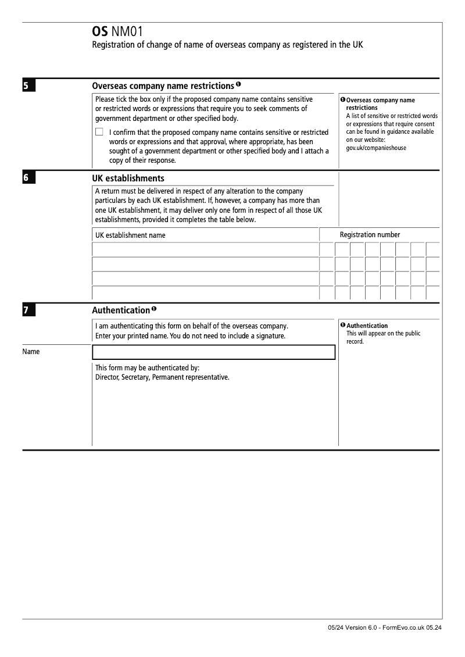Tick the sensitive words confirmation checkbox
(99, 132)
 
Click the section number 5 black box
(28, 87)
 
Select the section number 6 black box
(28, 178)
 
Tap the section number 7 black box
(28, 310)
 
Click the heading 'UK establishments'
(128, 178)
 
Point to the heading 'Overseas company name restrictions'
(163, 86)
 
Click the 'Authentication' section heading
(121, 310)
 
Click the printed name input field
(213, 352)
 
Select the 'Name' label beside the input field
(31, 352)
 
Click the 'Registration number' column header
(370, 235)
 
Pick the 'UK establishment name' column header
(130, 235)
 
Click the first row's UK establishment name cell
(205, 249)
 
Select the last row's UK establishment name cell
(205, 293)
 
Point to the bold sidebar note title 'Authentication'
(367, 326)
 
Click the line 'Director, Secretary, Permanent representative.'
(162, 377)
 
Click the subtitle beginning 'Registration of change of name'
(227, 45)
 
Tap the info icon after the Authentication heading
(154, 308)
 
